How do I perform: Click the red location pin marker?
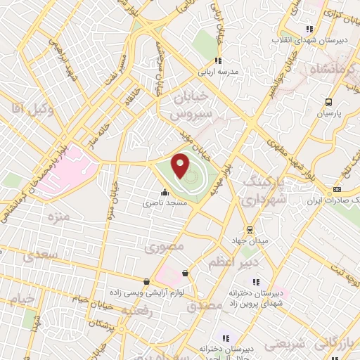(181, 166)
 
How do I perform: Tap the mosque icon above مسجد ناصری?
(165, 191)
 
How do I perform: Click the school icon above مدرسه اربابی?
(218, 61)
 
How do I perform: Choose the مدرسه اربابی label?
(224, 72)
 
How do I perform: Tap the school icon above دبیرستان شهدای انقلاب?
(308, 29)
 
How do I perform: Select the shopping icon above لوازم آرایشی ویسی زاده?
(146, 281)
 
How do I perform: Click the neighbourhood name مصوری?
(164, 247)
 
